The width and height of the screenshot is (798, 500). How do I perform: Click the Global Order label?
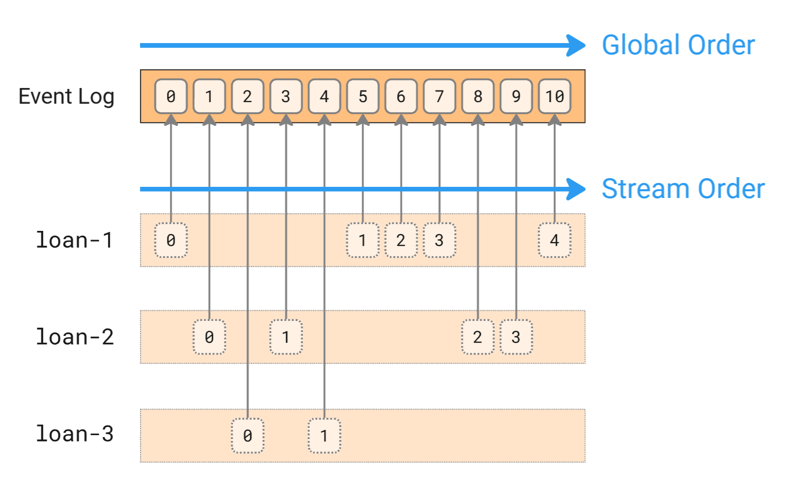678,45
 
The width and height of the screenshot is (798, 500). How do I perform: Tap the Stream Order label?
683,189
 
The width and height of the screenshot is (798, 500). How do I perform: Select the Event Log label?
66,96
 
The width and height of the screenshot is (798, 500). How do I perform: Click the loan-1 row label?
75,240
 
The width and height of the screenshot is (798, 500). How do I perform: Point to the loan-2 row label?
75,337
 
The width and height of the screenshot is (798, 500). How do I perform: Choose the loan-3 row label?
75,434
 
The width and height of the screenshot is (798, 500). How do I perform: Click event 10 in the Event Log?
554,96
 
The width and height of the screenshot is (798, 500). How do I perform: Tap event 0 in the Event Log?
170,96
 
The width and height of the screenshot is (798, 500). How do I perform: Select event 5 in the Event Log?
363,96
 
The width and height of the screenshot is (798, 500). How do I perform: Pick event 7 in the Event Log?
439,96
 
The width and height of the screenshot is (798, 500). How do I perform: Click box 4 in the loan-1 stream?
554,240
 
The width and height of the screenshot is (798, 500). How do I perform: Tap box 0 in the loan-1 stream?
170,240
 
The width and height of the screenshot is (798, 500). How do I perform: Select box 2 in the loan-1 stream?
401,240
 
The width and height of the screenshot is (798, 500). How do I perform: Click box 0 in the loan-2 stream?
209,337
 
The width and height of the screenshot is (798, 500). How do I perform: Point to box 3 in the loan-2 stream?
516,337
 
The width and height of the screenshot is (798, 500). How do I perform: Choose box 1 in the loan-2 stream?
286,337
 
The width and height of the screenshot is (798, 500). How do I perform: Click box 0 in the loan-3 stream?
247,436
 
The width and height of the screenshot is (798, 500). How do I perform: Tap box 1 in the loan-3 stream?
324,436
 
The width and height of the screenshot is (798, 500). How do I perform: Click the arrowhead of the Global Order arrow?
576,45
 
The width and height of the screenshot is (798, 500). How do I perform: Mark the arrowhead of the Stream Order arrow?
576,189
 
